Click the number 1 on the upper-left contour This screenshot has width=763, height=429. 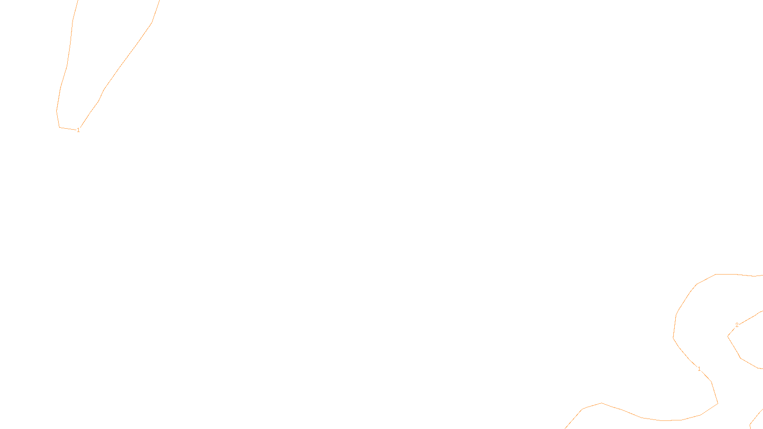(78, 130)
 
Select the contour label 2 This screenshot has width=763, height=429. (737, 325)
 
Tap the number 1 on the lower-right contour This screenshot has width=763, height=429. (699, 369)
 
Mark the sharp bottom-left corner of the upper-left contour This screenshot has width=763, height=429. (59, 127)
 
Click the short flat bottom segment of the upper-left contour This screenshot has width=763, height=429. (67, 128)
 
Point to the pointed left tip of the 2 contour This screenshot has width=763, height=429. (728, 336)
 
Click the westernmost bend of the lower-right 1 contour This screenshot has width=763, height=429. (673, 337)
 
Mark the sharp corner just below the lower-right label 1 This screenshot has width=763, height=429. (711, 382)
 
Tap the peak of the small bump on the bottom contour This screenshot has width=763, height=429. (602, 403)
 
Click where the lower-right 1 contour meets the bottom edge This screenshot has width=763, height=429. (566, 428)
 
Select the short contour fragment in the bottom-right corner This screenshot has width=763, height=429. (756, 419)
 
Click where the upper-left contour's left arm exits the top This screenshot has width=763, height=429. (78, 1)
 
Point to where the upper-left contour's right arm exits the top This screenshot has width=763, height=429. (159, 1)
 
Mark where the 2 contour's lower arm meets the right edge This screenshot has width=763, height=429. (762, 368)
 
